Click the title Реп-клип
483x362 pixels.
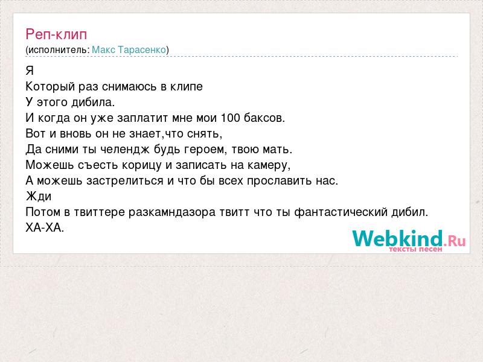tap(56, 34)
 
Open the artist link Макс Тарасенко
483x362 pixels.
tap(129, 49)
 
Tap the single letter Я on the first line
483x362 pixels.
tap(30, 71)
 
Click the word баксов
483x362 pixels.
tap(264, 118)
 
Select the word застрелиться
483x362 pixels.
tap(125, 180)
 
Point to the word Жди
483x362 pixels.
tap(39, 197)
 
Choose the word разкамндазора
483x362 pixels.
tap(172, 212)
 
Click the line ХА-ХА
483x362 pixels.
tap(45, 228)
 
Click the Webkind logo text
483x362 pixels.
tap(398, 238)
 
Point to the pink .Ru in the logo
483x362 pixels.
tap(455, 240)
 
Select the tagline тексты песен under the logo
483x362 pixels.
tap(415, 249)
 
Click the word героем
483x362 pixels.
tap(206, 150)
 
